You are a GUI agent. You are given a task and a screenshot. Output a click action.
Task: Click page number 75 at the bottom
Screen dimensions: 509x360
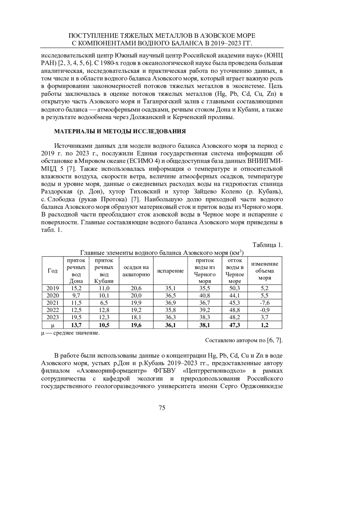tap(162, 407)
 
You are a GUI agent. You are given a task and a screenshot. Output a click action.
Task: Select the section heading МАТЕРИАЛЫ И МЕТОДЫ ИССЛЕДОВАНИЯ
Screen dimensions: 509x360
tap(120, 131)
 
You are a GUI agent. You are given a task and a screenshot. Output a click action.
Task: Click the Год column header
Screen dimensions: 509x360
tap(52, 271)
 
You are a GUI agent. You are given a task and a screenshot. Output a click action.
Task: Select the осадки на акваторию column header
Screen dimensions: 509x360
tap(136, 271)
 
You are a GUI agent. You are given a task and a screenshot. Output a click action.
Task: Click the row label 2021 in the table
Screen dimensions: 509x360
tap(52, 303)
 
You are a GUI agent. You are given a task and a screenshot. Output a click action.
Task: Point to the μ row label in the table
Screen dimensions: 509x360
tap(52, 325)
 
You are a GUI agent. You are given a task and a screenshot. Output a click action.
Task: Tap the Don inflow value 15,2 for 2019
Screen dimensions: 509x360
tap(76, 288)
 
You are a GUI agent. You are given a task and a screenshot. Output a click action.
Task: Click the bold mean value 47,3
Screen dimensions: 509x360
tap(234, 325)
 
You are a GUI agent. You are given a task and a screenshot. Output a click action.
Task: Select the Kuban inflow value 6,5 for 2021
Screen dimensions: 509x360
tap(104, 303)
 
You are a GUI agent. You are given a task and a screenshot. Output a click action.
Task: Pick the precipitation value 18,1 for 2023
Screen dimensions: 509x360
tap(136, 317)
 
